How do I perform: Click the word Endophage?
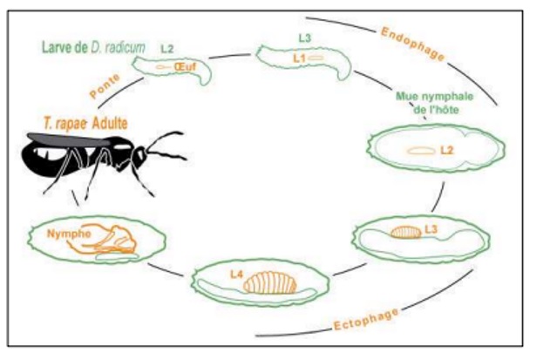[412, 44]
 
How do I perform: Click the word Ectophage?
[366, 320]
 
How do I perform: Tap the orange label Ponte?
[105, 86]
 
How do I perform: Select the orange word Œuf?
[185, 66]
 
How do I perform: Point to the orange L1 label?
[299, 58]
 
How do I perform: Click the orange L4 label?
[236, 275]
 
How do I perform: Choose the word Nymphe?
[69, 234]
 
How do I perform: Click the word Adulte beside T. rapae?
[110, 124]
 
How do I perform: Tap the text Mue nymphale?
[434, 96]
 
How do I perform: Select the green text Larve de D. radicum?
[93, 47]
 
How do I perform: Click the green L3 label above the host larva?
[305, 37]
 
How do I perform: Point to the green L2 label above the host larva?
[167, 49]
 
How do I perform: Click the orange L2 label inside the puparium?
[447, 150]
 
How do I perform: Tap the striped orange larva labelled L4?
[270, 282]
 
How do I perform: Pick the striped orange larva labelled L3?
[406, 232]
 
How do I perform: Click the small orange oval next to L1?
[316, 58]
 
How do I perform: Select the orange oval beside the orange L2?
[421, 151]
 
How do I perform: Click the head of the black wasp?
[139, 157]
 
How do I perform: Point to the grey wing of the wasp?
[69, 139]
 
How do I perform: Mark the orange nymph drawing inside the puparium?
[103, 239]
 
